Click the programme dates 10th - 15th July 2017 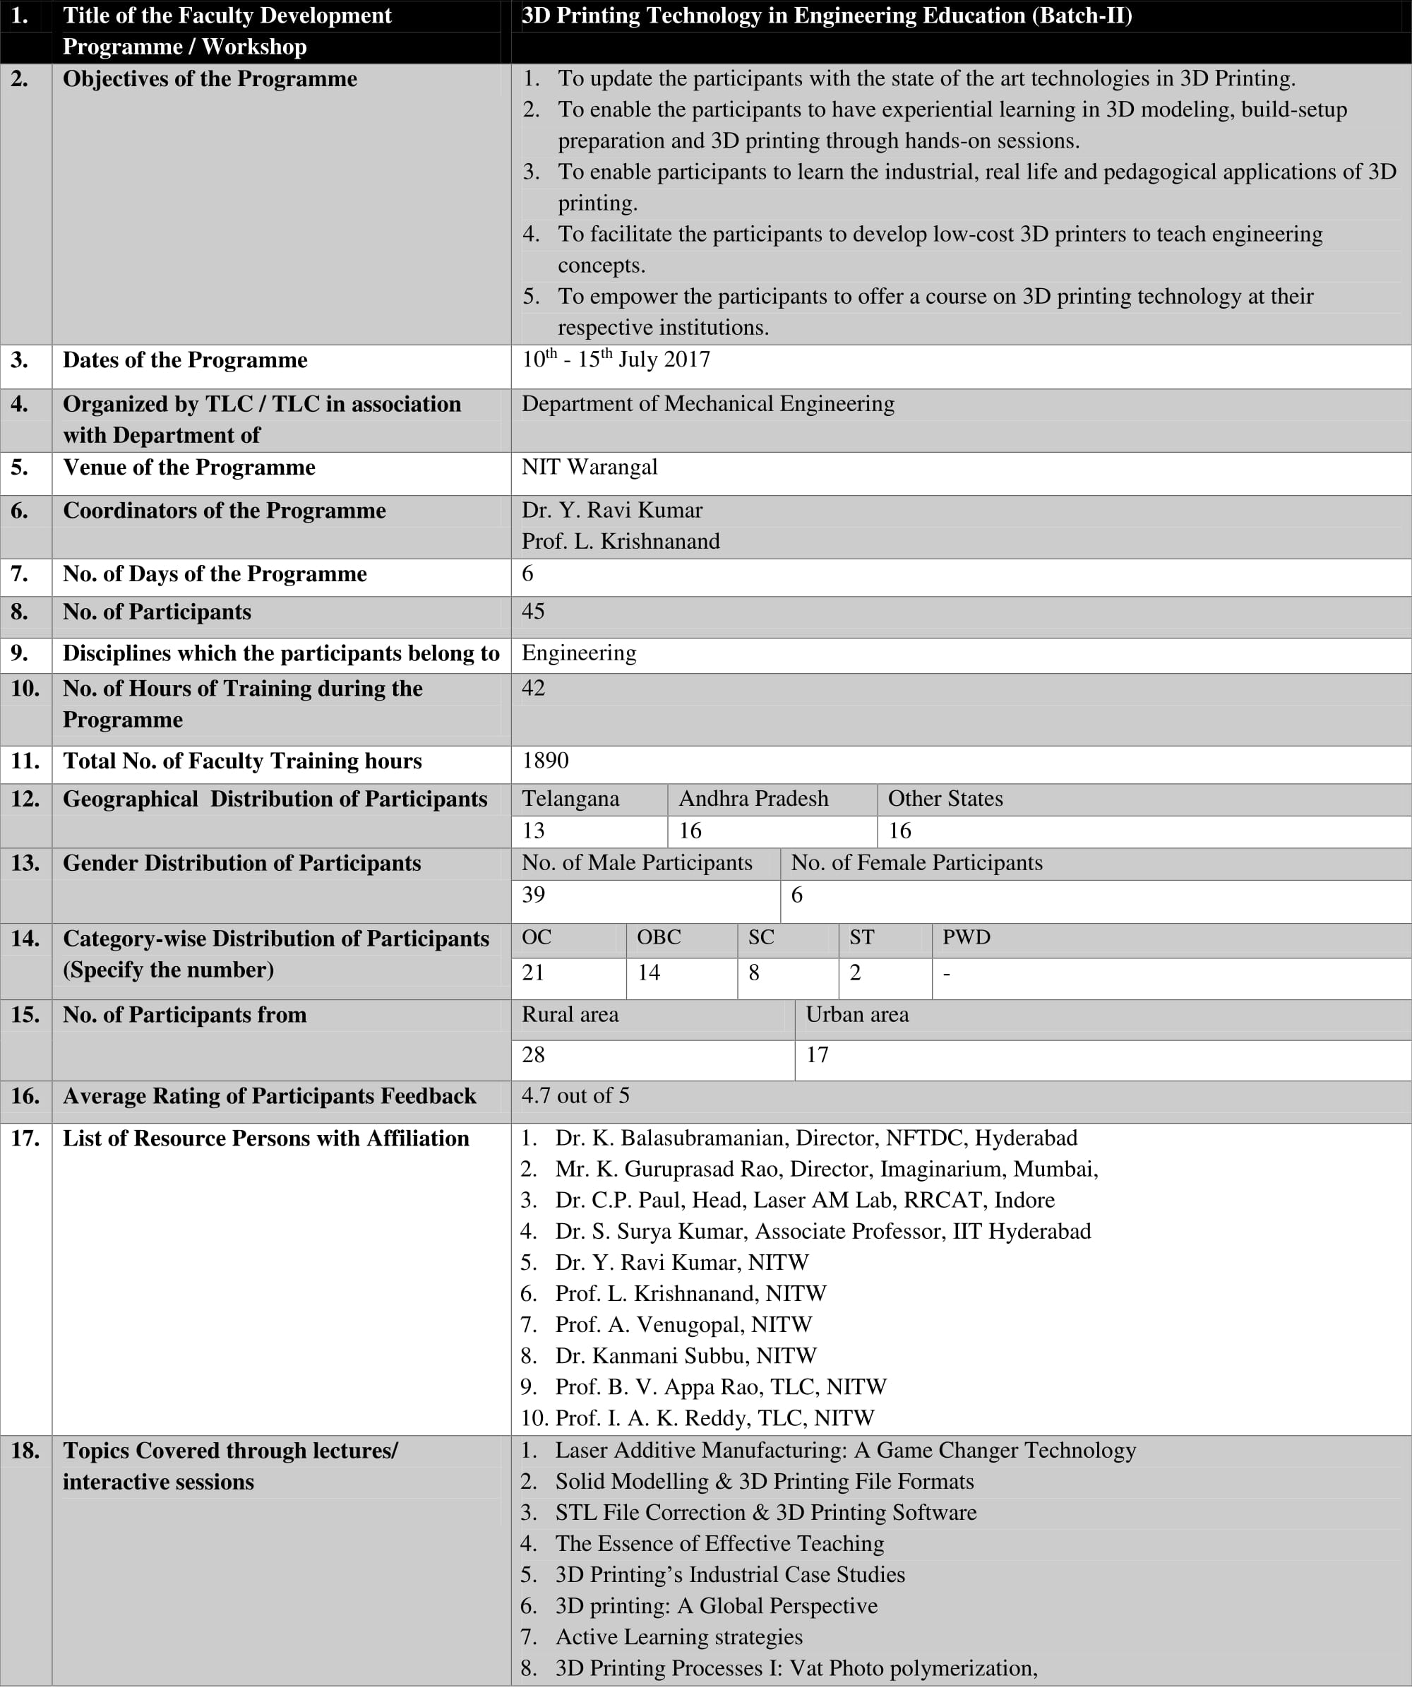point(616,359)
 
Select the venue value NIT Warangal point(589,467)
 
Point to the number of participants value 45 point(532,611)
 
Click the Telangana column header point(570,798)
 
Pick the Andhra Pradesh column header point(753,798)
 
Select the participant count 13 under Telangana point(533,831)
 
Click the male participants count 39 point(533,894)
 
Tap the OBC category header point(659,937)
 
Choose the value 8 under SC point(753,973)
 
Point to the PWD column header point(966,937)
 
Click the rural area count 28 point(533,1055)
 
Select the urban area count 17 point(817,1055)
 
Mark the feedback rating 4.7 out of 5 point(575,1095)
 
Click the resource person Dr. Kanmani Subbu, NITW point(685,1355)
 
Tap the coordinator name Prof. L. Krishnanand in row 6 point(621,541)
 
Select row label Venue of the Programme point(189,468)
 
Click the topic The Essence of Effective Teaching point(719,1543)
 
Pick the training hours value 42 point(533,688)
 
